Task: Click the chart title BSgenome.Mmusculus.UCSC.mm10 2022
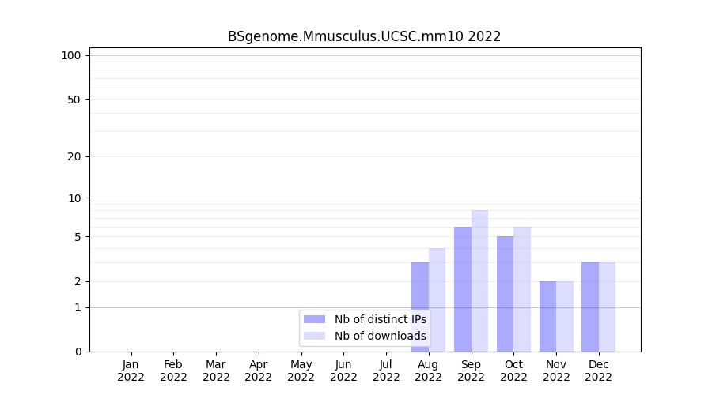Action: (364, 36)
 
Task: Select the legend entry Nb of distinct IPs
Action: (380, 319)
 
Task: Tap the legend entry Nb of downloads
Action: (380, 336)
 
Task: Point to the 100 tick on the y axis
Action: (71, 55)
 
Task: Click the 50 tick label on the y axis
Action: (74, 100)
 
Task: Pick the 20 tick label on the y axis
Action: (74, 156)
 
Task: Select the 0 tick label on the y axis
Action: (78, 352)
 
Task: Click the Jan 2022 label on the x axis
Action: (131, 371)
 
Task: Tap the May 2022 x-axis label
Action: (301, 371)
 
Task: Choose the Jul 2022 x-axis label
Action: (386, 371)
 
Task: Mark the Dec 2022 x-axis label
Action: (599, 371)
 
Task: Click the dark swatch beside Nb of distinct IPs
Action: (315, 319)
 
